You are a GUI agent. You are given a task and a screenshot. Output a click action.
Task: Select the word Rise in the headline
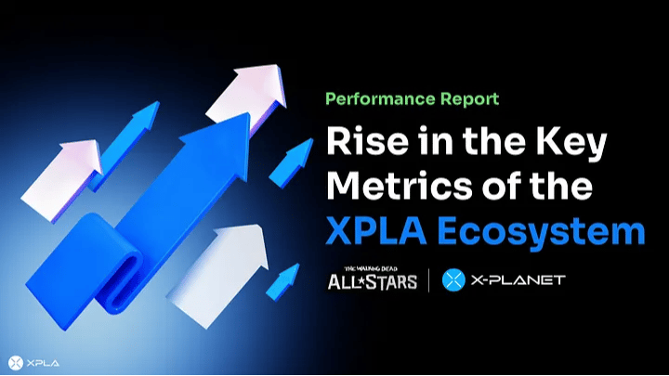368,141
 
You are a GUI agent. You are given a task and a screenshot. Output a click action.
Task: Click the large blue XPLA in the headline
376,230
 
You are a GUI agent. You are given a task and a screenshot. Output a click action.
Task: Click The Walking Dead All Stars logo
372,279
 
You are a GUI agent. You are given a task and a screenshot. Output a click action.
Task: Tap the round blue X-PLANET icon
453,280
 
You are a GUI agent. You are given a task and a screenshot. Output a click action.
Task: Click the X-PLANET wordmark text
518,280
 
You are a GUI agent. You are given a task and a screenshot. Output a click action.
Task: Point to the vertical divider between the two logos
428,280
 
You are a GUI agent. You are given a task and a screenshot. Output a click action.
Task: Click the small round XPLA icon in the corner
16,363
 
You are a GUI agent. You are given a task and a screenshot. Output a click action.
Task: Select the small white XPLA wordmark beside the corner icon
43,363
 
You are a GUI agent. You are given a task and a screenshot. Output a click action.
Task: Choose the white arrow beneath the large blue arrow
217,273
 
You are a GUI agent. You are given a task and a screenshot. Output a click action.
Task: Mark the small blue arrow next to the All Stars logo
282,281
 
